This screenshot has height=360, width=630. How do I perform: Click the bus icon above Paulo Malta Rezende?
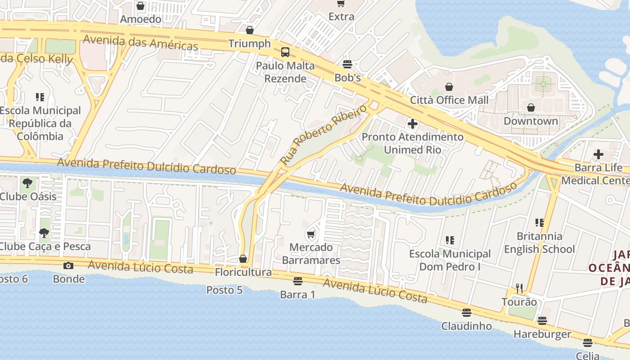(285, 52)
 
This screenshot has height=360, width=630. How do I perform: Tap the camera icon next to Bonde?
(68, 265)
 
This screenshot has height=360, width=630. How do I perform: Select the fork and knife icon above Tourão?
(519, 288)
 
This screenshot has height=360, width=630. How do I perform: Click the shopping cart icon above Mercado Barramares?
(310, 234)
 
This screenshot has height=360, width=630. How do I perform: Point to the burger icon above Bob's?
(347, 64)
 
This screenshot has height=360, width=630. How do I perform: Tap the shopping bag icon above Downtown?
(531, 108)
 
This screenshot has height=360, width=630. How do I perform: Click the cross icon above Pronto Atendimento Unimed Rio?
(412, 123)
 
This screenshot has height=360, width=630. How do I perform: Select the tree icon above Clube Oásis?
(27, 183)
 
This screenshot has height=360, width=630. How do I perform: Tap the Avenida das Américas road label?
(140, 42)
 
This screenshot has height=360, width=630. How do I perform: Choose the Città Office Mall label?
(449, 100)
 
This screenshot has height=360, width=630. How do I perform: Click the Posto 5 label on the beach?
(224, 290)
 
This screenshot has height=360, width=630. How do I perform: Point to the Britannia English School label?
(539, 243)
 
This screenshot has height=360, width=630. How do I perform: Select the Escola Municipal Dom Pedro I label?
(450, 260)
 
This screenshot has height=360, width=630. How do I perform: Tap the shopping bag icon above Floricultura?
(243, 259)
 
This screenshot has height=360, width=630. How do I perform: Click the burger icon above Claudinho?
(467, 312)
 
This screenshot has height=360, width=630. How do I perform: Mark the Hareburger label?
(542, 334)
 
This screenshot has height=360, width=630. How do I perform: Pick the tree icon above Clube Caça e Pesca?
(44, 233)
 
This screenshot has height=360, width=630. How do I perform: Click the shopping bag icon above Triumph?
(250, 30)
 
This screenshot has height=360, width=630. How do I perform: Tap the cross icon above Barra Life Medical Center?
(598, 154)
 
